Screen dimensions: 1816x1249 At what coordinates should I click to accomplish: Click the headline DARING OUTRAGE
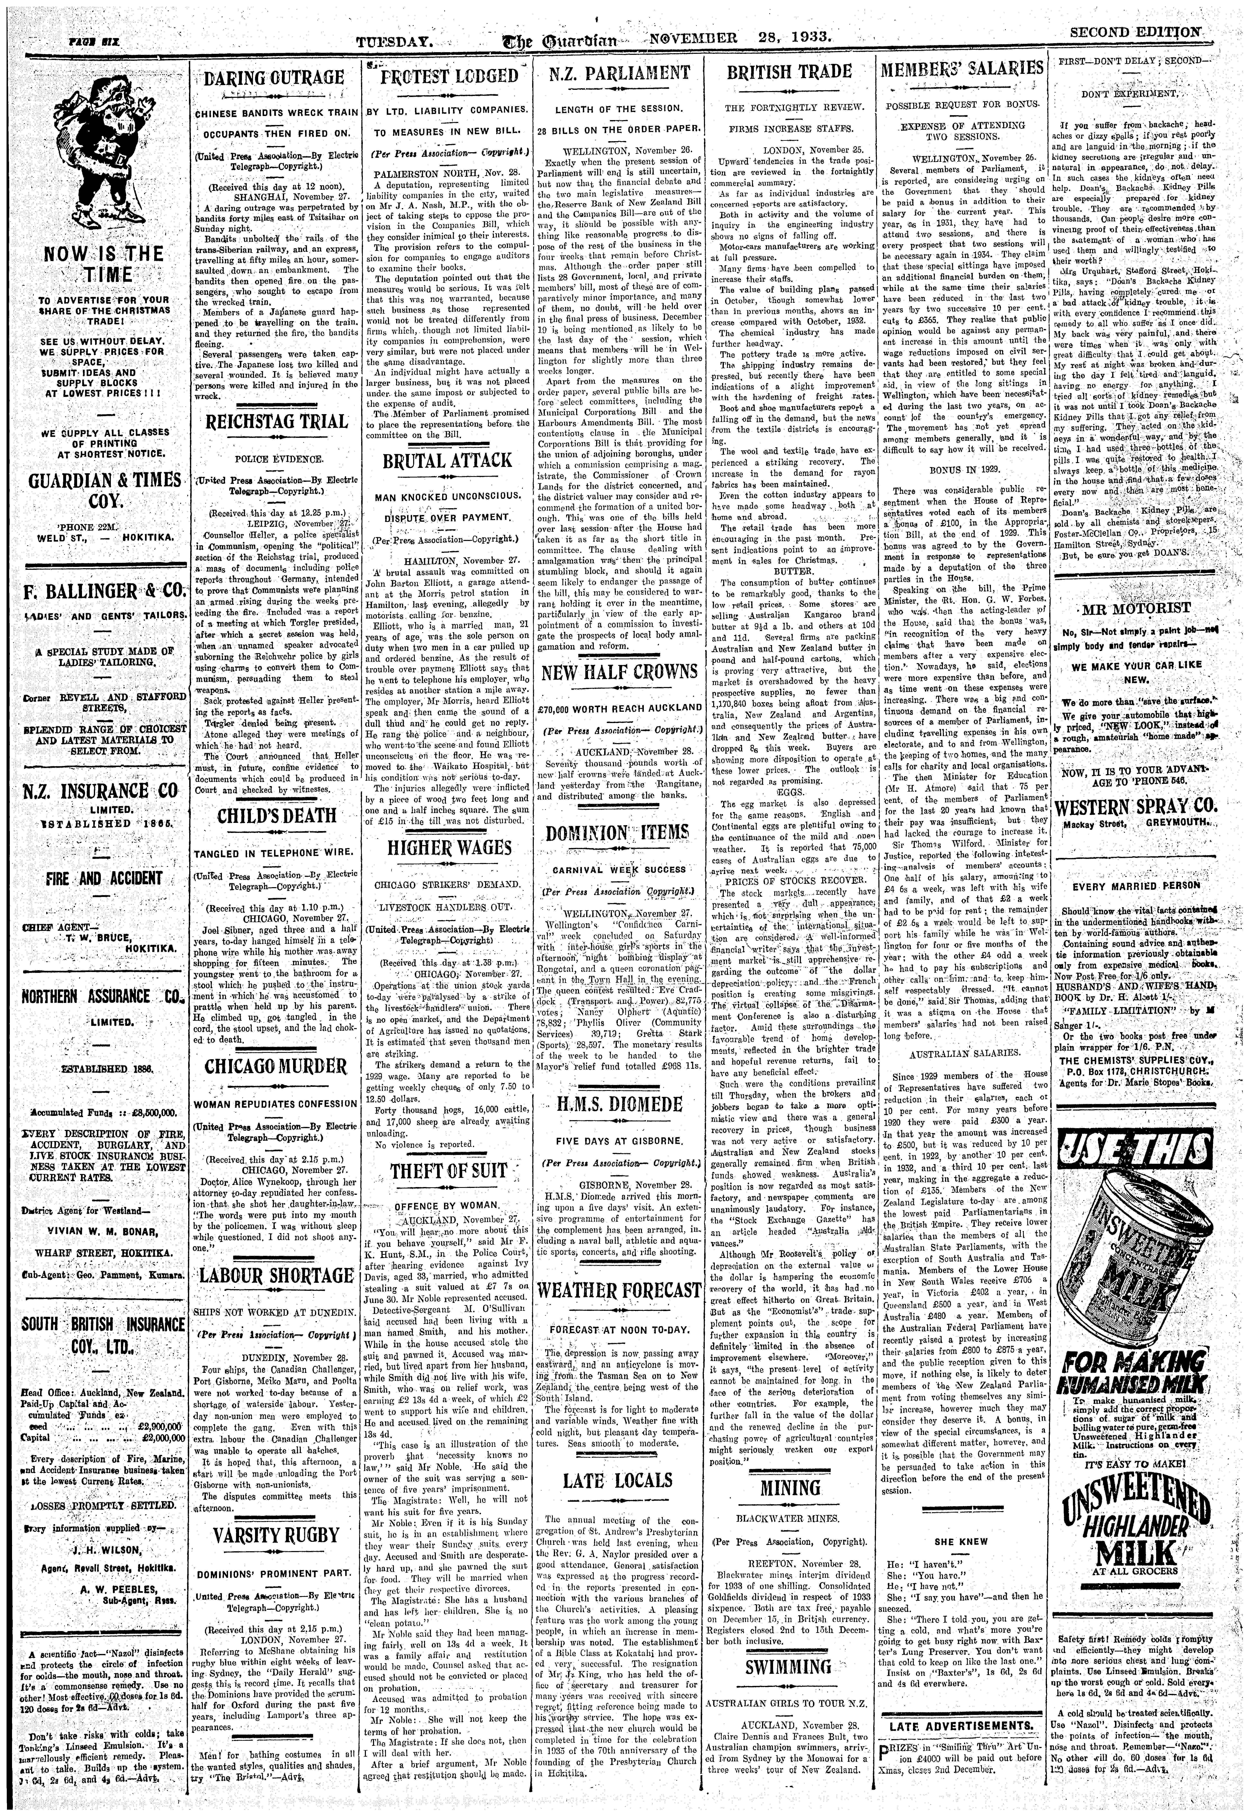tap(274, 78)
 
